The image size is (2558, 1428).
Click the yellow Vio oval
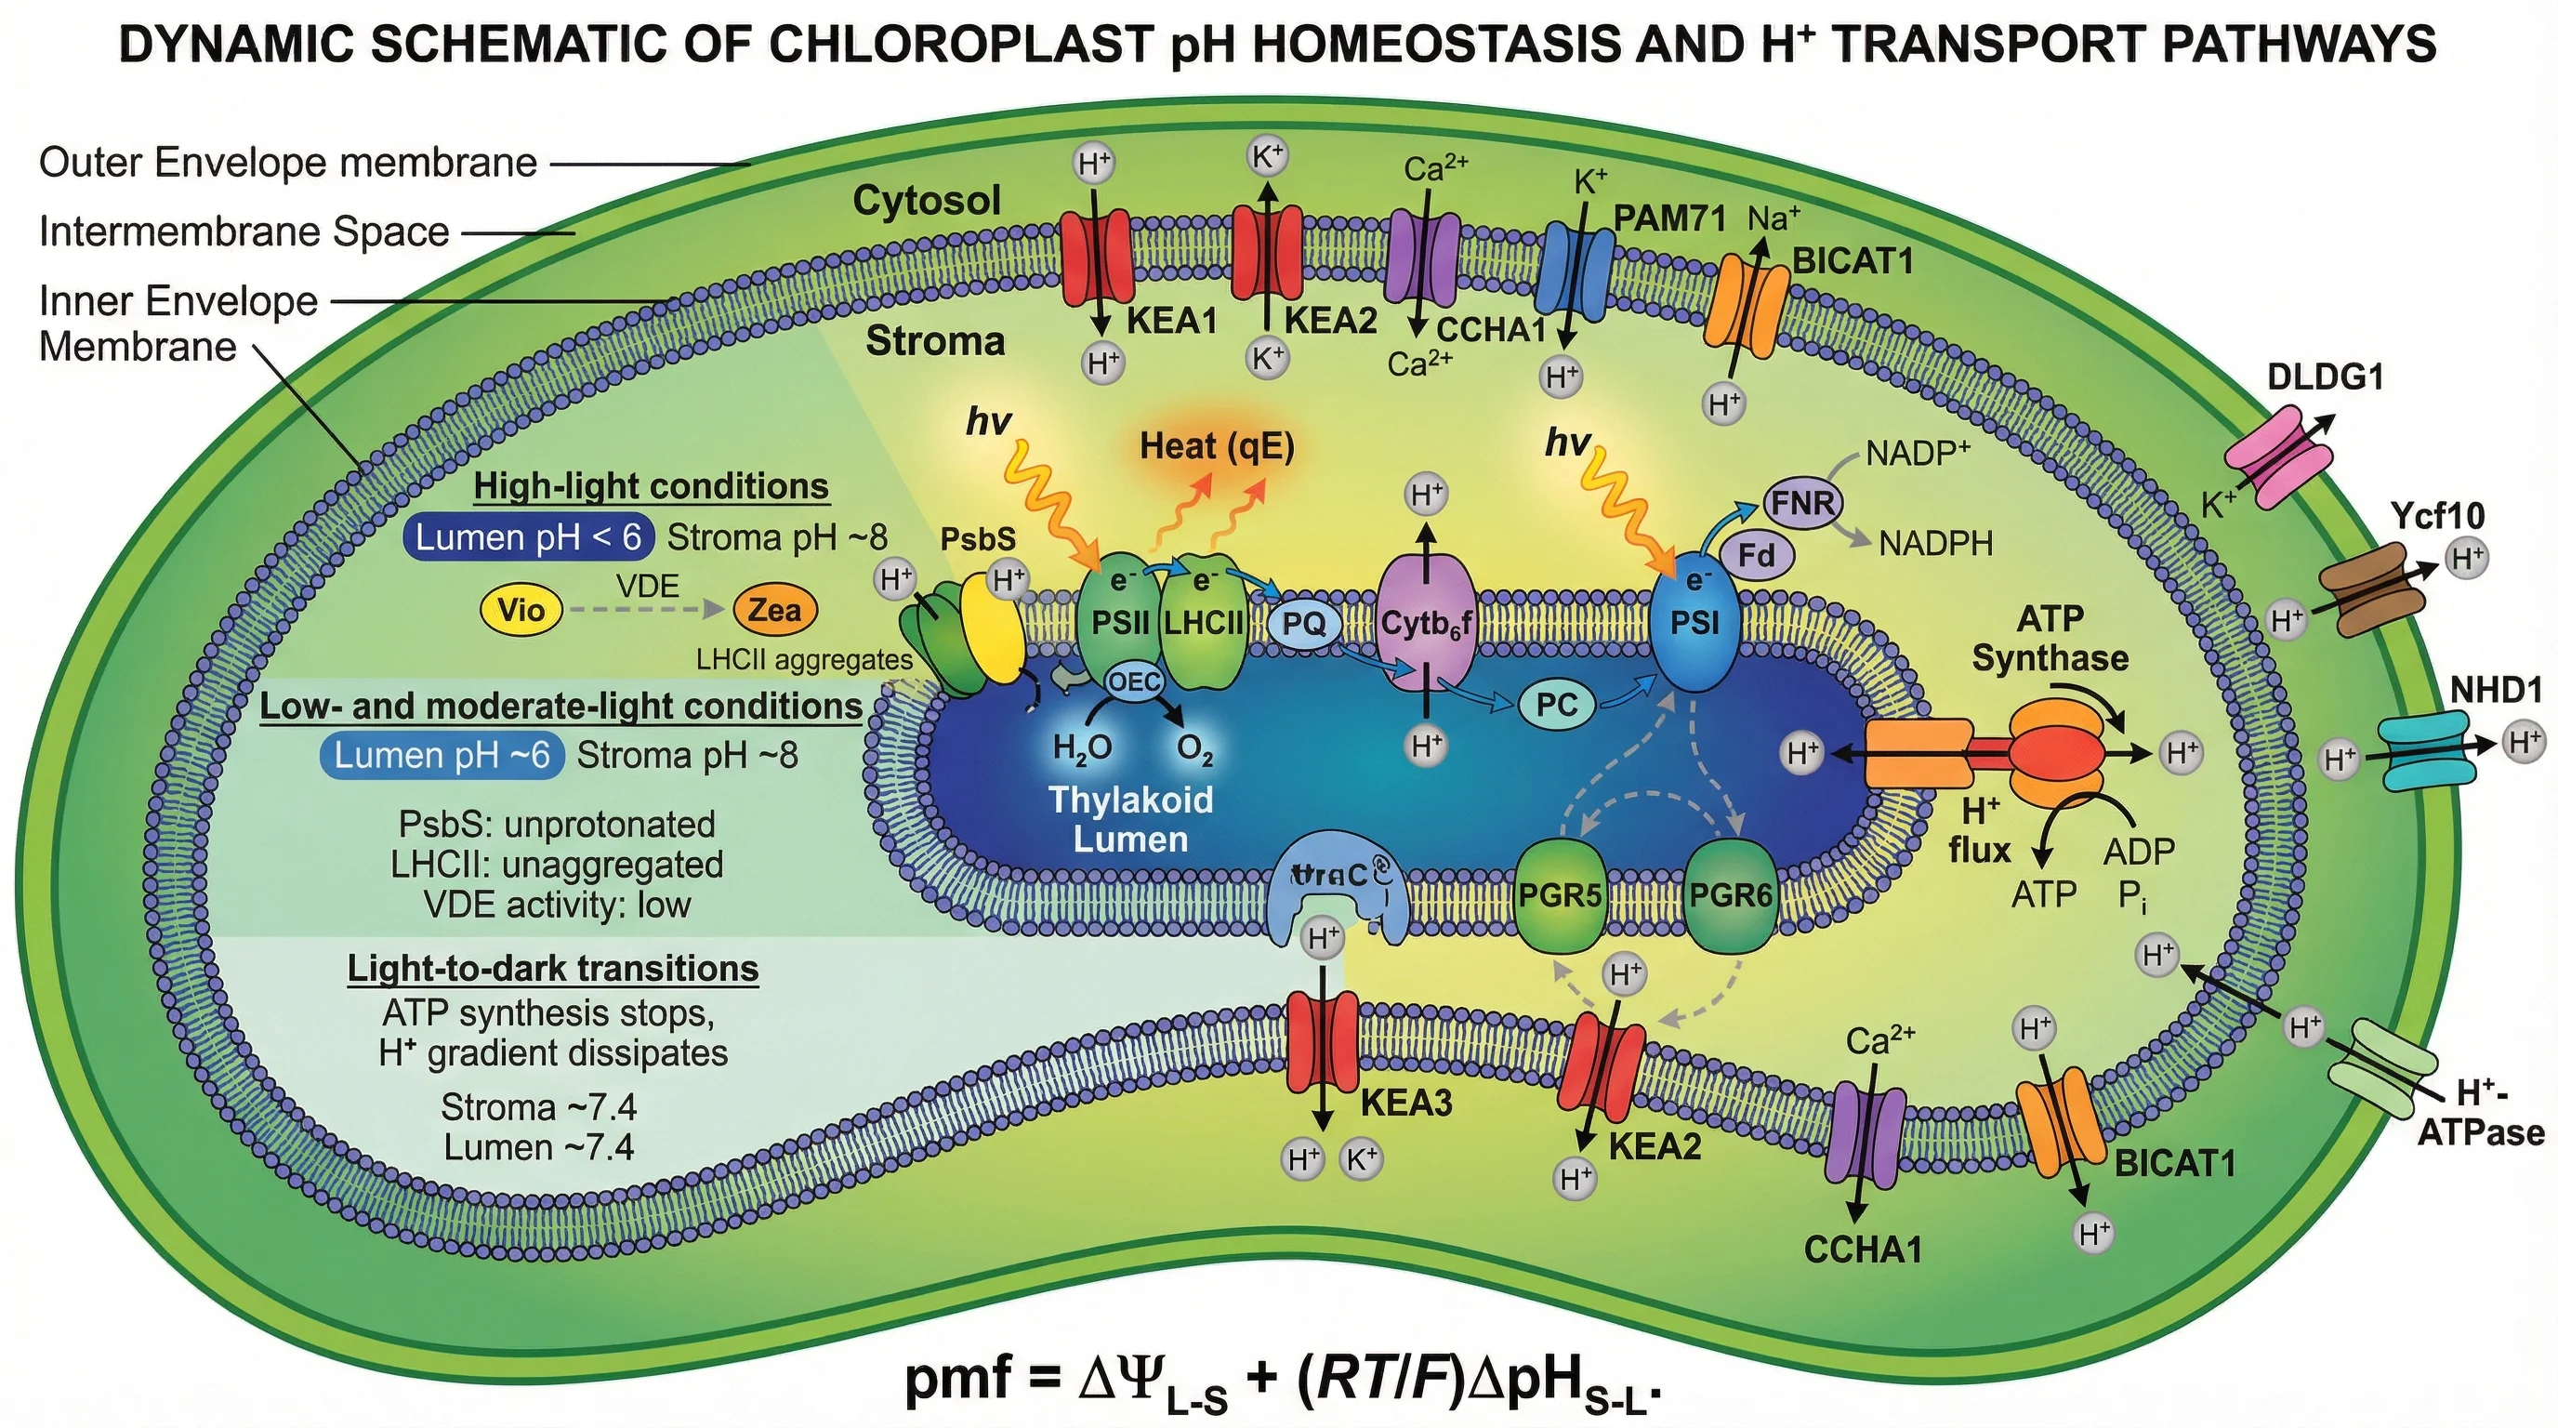(521, 609)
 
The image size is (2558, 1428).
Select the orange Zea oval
(774, 609)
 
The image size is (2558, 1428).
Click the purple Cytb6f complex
(1426, 624)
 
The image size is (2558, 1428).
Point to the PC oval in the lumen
(1556, 704)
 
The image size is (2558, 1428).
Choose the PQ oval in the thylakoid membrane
(1304, 624)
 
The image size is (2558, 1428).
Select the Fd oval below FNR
(1756, 554)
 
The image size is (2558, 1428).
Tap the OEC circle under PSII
(1134, 681)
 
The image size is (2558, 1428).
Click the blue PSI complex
(1694, 624)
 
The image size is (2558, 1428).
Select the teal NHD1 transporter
(2424, 755)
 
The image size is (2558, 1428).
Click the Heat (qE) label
(1217, 447)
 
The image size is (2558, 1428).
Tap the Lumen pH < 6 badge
(528, 537)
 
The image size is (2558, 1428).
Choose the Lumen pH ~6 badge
(442, 755)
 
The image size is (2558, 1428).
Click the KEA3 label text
(1405, 1104)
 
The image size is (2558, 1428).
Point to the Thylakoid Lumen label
(1130, 819)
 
